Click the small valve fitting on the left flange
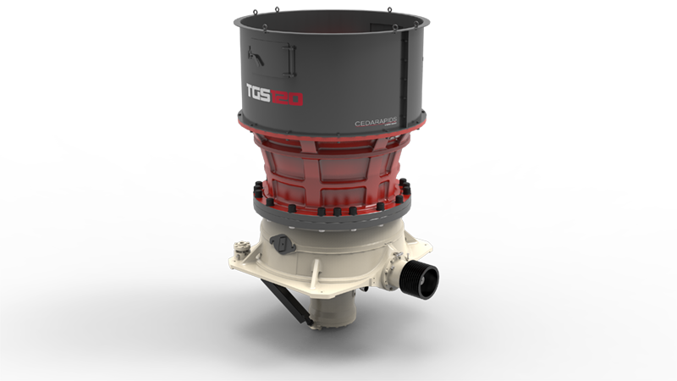(x=242, y=249)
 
